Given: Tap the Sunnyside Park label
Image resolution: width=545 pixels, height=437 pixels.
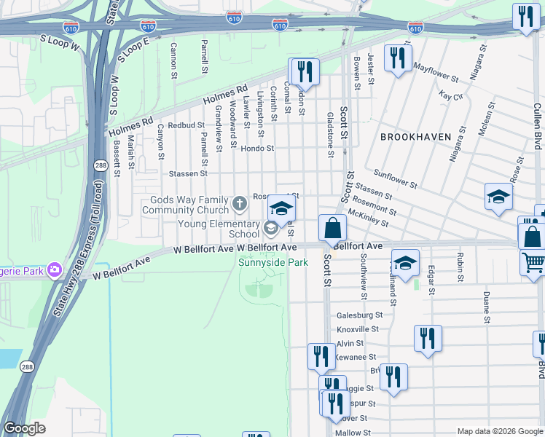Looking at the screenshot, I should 274,263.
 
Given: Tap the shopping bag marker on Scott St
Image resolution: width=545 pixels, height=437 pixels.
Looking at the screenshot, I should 332,229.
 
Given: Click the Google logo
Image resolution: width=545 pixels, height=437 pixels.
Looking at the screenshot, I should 24,428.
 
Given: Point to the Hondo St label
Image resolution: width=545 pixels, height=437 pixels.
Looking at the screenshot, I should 257,148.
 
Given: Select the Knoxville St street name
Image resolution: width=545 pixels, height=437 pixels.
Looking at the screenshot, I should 359,329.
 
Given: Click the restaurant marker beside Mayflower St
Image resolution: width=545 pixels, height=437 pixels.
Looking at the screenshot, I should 398,58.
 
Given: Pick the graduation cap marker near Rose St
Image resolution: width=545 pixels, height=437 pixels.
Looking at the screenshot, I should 498,197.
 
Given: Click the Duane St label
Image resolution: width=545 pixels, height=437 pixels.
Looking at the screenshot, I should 486,308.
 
